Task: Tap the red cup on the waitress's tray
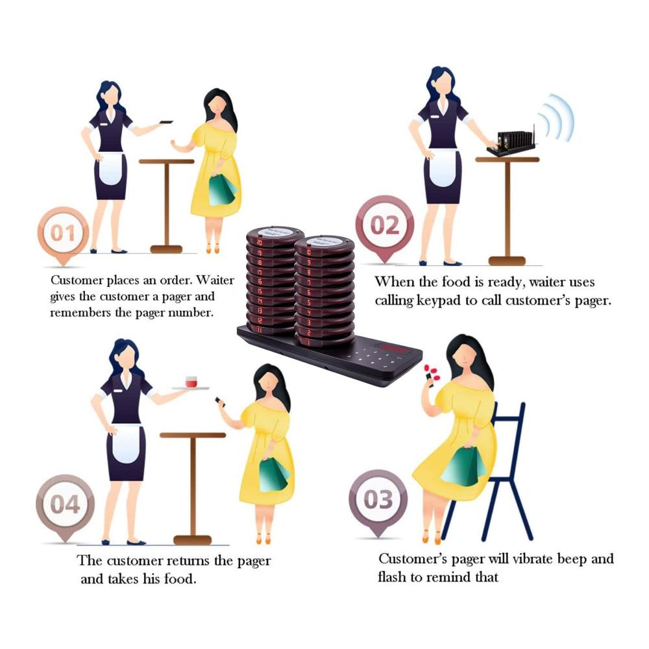click(191, 382)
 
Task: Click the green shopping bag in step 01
click(221, 190)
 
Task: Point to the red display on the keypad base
click(393, 349)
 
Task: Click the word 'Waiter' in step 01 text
click(215, 280)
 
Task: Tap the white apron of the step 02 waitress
click(443, 167)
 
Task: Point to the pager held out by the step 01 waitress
click(166, 122)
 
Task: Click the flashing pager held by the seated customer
click(429, 380)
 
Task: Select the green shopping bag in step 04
click(273, 475)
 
